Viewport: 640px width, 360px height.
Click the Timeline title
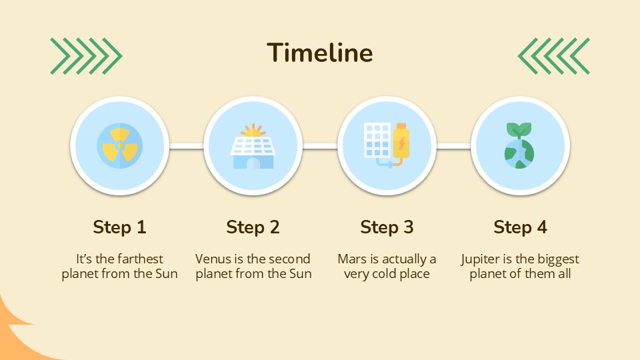click(x=319, y=53)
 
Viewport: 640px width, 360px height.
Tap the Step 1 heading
click(x=119, y=227)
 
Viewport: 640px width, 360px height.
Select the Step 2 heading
click(x=253, y=227)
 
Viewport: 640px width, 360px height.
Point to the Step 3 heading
click(x=387, y=227)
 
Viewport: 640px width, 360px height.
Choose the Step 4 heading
click(x=521, y=227)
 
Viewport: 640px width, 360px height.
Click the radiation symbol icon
click(x=119, y=146)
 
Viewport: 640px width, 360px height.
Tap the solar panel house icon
click(x=253, y=146)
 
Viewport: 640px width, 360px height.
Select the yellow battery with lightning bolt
click(x=401, y=141)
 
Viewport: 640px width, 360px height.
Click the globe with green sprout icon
click(x=519, y=146)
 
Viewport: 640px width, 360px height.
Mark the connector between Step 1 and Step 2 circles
click(x=187, y=146)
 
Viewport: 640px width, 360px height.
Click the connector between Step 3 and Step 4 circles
click(x=453, y=146)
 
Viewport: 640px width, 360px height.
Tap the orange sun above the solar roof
click(x=253, y=131)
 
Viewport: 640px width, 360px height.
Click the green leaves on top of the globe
click(x=519, y=130)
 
